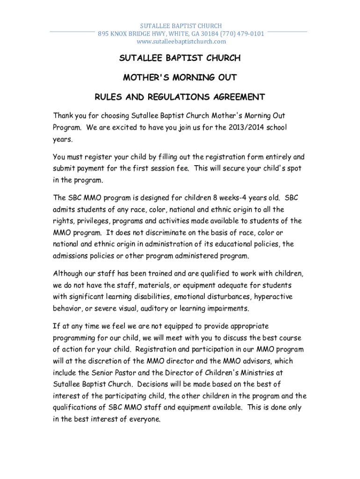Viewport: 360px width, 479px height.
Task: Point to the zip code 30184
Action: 207,34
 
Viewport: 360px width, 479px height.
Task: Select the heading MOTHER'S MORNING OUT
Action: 180,77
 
